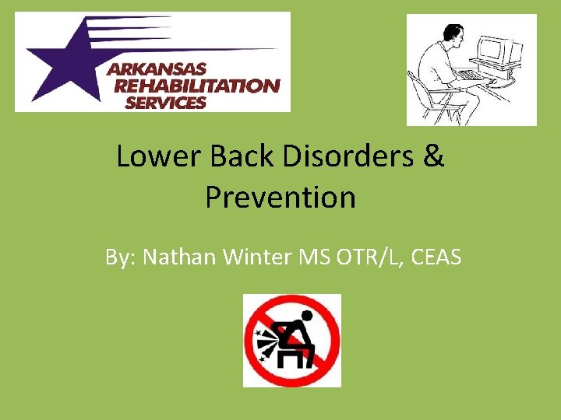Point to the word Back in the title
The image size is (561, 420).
[x=230, y=157]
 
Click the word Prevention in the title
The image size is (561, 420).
[x=280, y=198]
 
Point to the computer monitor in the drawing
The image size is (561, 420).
[x=499, y=53]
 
